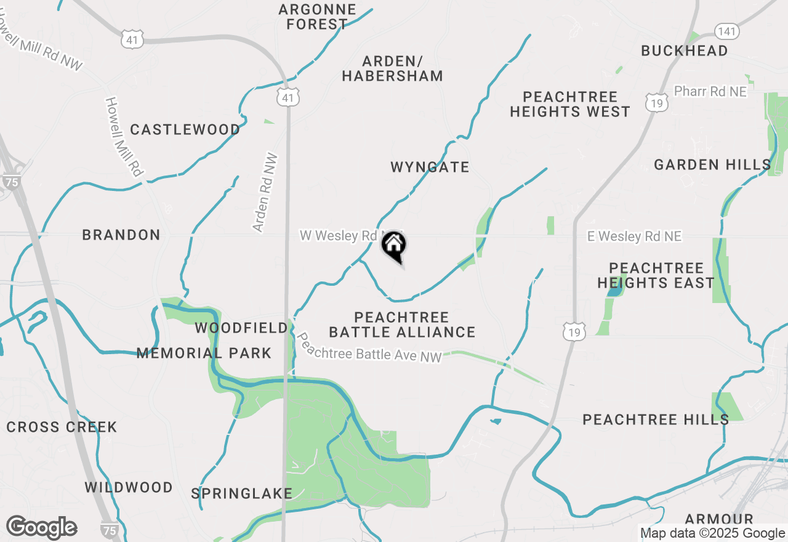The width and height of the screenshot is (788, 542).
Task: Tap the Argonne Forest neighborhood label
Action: click(317, 17)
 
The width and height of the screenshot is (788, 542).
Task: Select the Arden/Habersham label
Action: click(393, 68)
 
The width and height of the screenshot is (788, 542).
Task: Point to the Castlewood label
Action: click(185, 129)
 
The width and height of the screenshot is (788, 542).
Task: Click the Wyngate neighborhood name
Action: click(430, 167)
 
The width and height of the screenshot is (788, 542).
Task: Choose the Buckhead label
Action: click(685, 51)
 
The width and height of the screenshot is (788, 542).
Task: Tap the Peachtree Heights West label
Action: click(570, 104)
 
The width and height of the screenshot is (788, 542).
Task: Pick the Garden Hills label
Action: click(712, 164)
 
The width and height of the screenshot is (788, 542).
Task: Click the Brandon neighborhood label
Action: click(121, 235)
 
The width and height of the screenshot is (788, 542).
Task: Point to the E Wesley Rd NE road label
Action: click(634, 236)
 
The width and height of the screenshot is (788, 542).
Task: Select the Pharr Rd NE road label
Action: click(710, 91)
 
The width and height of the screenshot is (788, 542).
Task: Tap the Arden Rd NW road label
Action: click(266, 193)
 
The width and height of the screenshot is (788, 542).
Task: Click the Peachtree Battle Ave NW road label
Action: click(369, 349)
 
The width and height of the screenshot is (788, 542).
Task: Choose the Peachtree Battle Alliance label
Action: click(402, 325)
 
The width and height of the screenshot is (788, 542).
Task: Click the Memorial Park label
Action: click(204, 353)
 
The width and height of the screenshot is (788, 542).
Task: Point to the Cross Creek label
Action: click(62, 427)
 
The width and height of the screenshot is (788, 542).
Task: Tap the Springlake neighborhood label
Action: click(241, 493)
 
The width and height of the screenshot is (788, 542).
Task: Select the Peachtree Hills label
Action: click(656, 419)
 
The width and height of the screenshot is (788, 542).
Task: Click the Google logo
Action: click(42, 527)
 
